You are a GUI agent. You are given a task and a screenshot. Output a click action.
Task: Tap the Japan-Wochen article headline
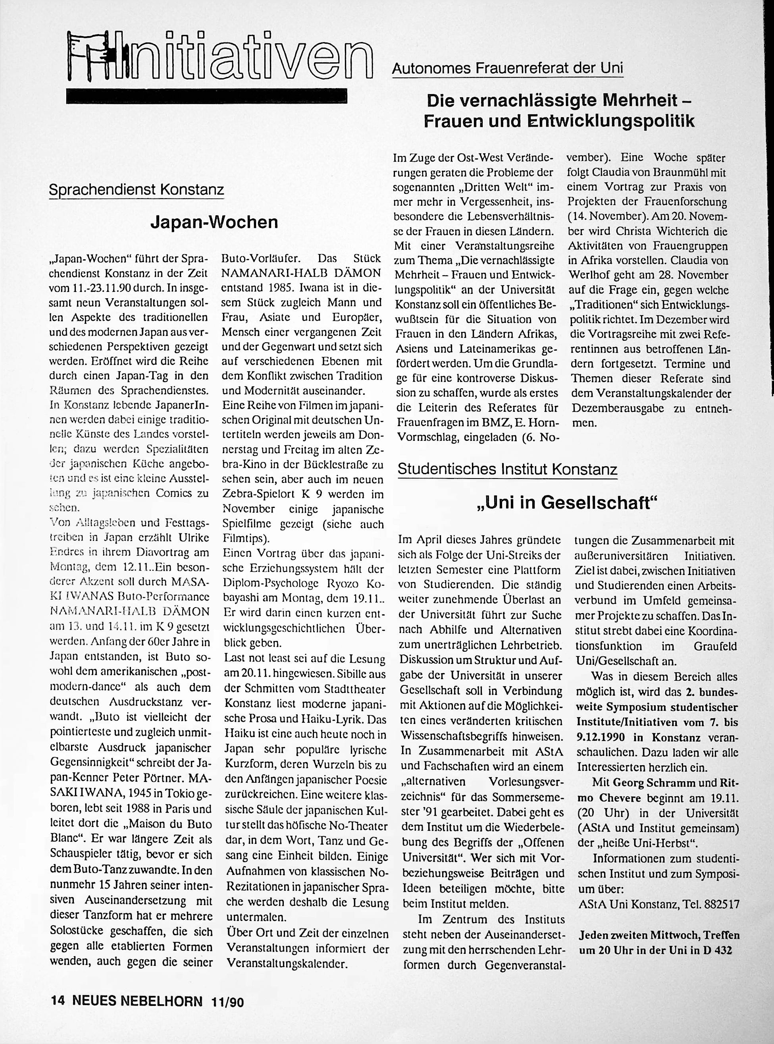(x=214, y=222)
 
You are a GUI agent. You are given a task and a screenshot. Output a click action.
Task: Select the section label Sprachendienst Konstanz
(x=136, y=190)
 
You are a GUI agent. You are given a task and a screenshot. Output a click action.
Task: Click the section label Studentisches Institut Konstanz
(x=507, y=469)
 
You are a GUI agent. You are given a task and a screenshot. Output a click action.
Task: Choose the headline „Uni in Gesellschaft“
(x=567, y=503)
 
